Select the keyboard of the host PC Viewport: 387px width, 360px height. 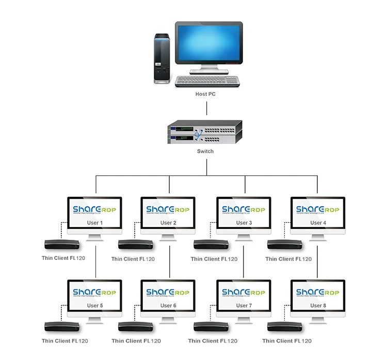(207, 81)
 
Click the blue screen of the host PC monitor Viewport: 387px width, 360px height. (208, 43)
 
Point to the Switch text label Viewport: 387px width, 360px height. (205, 151)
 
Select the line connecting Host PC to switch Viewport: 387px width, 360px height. (207, 108)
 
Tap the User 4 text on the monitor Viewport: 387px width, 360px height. (318, 223)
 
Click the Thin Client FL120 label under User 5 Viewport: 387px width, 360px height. (65, 341)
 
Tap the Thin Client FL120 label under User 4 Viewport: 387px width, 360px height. (288, 259)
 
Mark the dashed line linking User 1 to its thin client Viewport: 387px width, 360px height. (61, 230)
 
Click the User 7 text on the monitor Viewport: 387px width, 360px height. (243, 305)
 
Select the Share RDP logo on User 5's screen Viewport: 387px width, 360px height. (95, 292)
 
